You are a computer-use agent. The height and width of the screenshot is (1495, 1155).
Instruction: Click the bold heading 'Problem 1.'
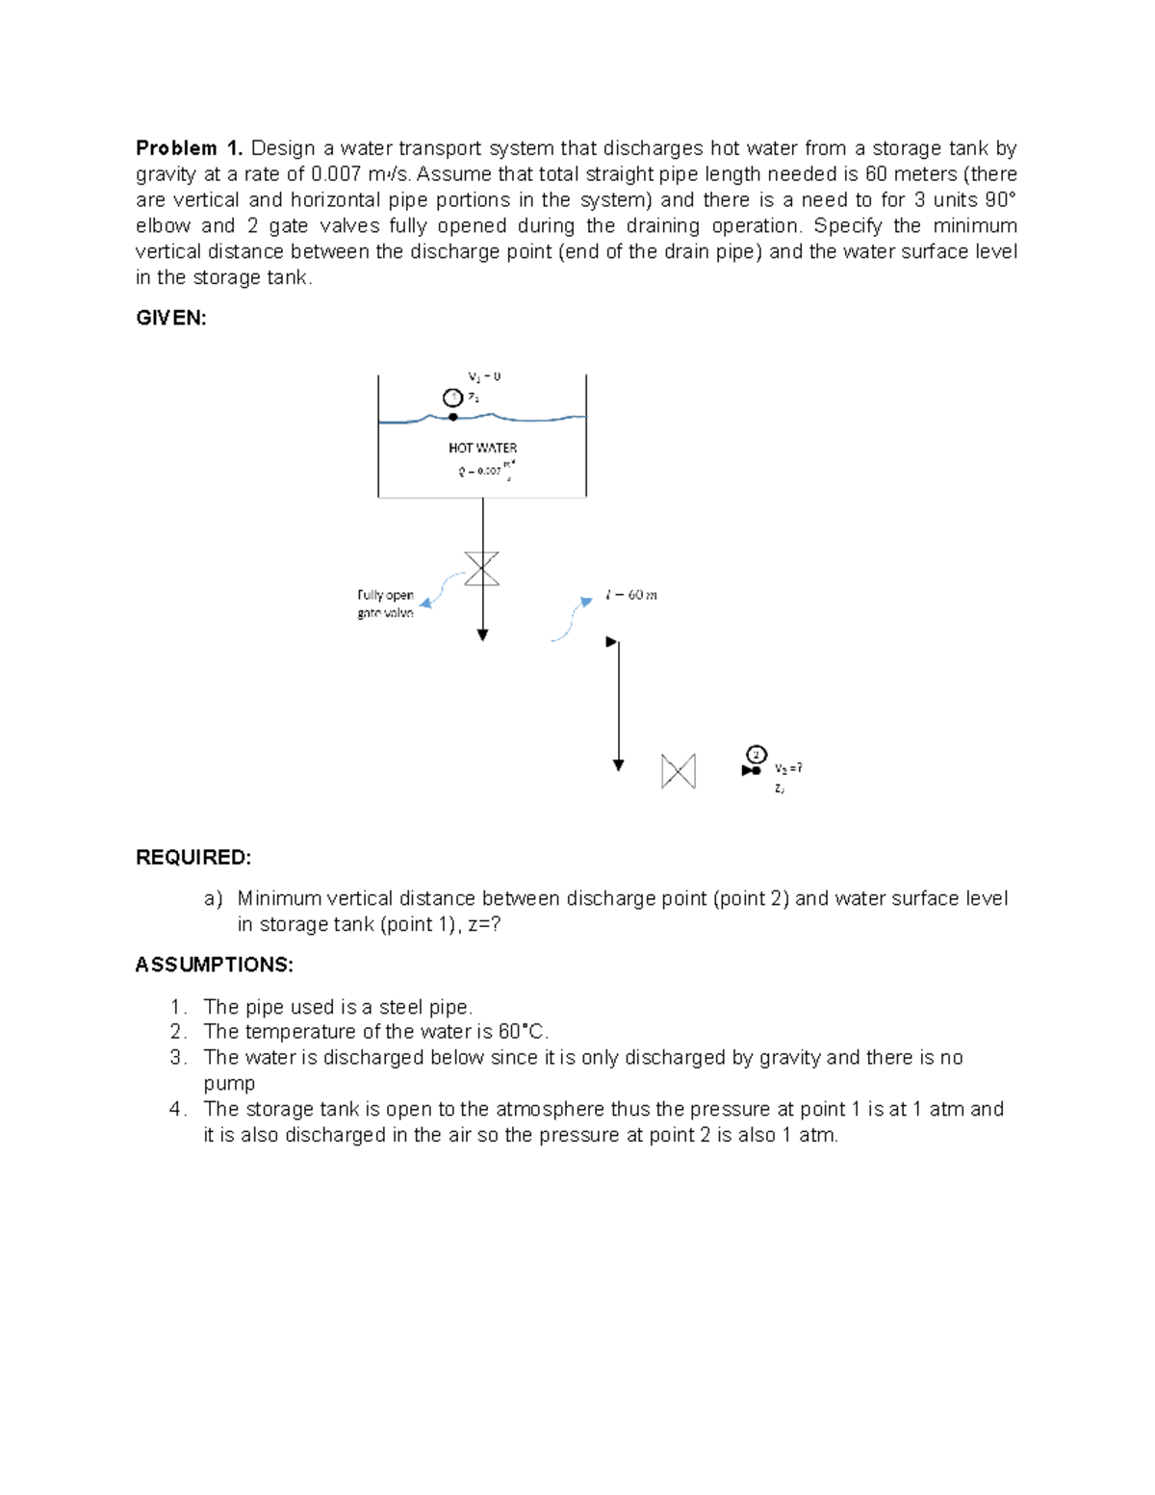pos(189,148)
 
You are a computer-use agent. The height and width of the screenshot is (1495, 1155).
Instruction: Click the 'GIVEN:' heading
pos(171,319)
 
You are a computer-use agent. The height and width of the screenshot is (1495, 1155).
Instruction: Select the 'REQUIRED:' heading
pos(193,858)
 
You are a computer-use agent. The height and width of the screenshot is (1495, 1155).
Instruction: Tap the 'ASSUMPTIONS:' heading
pos(215,965)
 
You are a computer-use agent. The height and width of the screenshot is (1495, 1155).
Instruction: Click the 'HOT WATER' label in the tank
pos(482,448)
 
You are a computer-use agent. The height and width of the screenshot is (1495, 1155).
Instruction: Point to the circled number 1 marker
pos(451,398)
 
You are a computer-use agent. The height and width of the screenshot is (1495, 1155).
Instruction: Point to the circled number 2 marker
pos(757,753)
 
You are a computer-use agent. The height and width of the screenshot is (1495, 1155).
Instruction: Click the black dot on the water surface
pos(453,417)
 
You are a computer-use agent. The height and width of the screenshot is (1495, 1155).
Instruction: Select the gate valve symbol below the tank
pos(482,569)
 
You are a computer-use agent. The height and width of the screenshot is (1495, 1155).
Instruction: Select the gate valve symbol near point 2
pos(679,771)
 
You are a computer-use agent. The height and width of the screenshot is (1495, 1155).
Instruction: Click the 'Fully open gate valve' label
pos(386,604)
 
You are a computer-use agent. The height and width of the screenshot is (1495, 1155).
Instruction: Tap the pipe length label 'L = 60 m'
pos(631,595)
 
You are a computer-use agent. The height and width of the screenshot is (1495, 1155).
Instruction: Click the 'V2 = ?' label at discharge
pos(788,768)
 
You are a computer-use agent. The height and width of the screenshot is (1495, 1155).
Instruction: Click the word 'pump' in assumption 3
pos(229,1083)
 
